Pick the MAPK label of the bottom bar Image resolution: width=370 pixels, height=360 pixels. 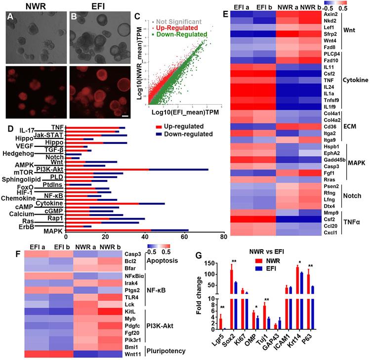pyautogui.click(x=55, y=230)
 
